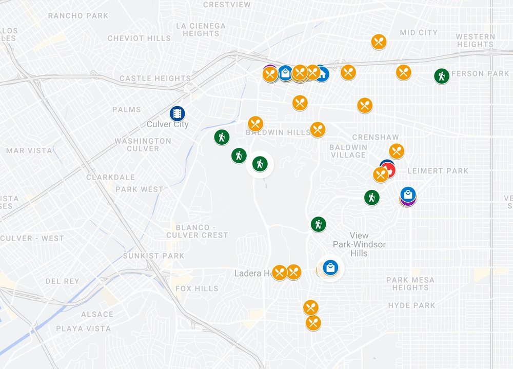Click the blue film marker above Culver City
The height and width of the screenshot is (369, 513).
click(x=177, y=113)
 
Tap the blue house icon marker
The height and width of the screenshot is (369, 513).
click(x=322, y=74)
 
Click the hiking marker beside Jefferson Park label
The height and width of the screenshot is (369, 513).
click(x=441, y=76)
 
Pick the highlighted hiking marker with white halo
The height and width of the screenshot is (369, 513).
click(x=260, y=164)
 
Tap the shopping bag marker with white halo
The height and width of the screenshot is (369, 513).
click(x=331, y=267)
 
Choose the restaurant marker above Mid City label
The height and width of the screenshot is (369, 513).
click(x=379, y=42)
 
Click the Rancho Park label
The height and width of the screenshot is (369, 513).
click(x=78, y=15)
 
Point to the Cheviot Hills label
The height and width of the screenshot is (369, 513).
click(x=139, y=38)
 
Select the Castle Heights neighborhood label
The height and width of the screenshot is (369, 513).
click(x=155, y=79)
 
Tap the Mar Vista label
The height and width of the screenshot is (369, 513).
click(x=29, y=150)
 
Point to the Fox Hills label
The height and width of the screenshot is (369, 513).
click(x=197, y=288)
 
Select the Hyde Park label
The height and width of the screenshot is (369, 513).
click(x=411, y=305)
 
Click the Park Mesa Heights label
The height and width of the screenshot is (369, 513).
click(x=410, y=284)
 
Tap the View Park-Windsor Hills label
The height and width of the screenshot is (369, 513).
click(x=359, y=244)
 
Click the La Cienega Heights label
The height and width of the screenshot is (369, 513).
click(x=201, y=29)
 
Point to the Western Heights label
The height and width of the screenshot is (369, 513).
click(x=475, y=41)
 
